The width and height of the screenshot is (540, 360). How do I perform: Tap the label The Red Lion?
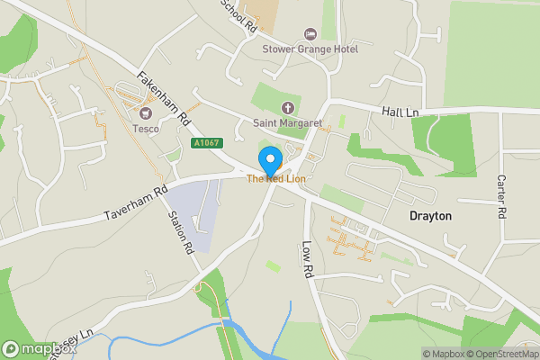(x=276, y=180)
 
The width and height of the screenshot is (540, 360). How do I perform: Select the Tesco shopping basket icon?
(x=146, y=113)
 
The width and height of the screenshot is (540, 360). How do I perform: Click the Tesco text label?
(x=146, y=129)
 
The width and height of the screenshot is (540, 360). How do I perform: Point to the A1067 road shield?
(x=204, y=142)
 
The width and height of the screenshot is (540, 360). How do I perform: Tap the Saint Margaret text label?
(x=288, y=122)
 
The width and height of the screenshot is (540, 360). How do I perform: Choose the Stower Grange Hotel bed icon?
(x=311, y=33)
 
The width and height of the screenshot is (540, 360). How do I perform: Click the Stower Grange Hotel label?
(x=311, y=49)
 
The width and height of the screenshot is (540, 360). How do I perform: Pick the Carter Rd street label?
(x=501, y=195)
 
